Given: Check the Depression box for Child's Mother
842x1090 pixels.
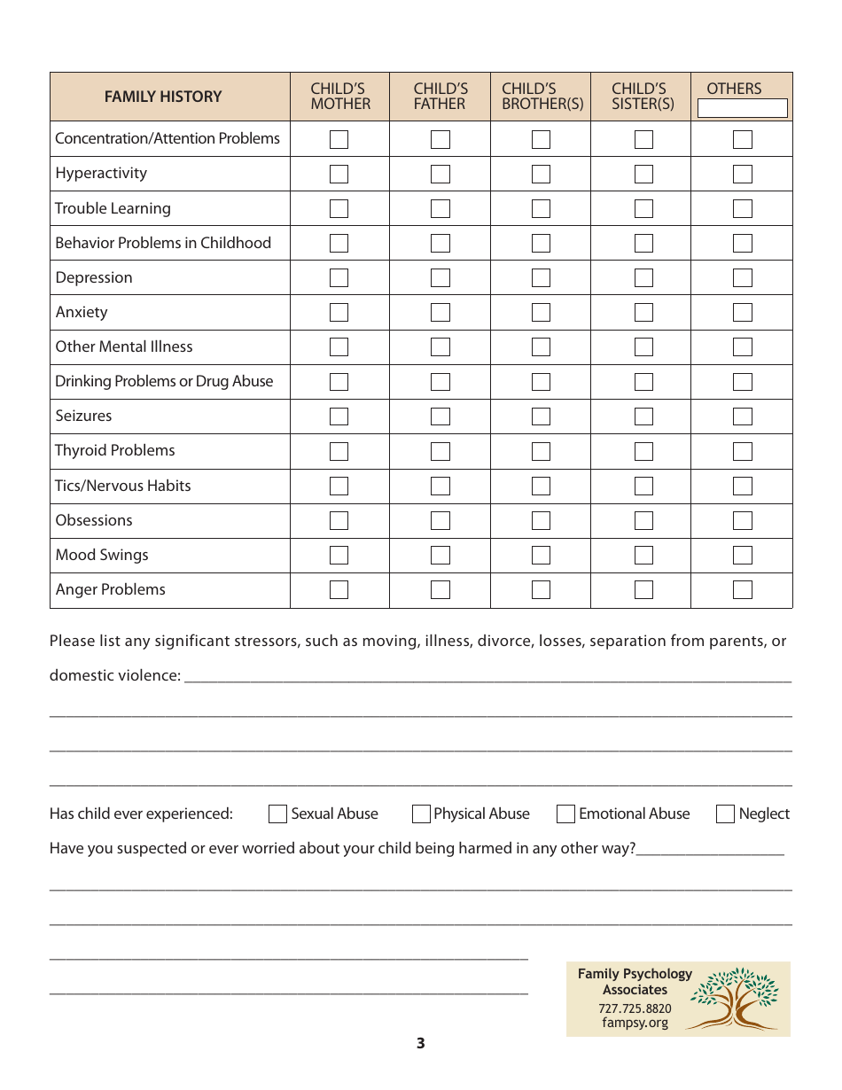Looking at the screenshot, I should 339,277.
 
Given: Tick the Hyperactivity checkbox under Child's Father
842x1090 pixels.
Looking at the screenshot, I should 440,174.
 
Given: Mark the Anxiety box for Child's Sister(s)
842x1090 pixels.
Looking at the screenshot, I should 643,312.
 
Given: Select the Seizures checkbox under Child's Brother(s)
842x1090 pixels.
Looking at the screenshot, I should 541,416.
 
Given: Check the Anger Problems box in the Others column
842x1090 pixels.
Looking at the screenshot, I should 743,589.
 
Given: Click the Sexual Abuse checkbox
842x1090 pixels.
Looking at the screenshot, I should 278,814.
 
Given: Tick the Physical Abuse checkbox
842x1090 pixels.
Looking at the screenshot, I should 421,814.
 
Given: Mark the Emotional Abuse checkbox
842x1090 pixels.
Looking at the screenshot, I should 565,814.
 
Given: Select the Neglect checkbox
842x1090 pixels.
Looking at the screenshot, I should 725,814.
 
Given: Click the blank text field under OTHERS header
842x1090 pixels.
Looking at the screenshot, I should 743,108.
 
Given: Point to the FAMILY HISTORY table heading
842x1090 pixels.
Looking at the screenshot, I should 163,97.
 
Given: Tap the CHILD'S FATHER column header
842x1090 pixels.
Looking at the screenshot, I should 440,96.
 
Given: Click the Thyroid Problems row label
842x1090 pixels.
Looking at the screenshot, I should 115,450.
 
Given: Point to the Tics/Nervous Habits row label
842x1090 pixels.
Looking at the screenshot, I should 123,486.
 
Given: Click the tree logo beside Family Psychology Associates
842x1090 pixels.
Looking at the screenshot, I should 735,999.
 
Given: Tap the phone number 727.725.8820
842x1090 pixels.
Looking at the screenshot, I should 635,1008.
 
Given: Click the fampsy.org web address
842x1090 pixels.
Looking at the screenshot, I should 635,1023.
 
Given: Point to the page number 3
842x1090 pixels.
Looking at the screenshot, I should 421,1043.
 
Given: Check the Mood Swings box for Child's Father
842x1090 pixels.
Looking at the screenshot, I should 440,555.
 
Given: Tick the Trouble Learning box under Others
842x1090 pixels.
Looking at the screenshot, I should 743,208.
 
